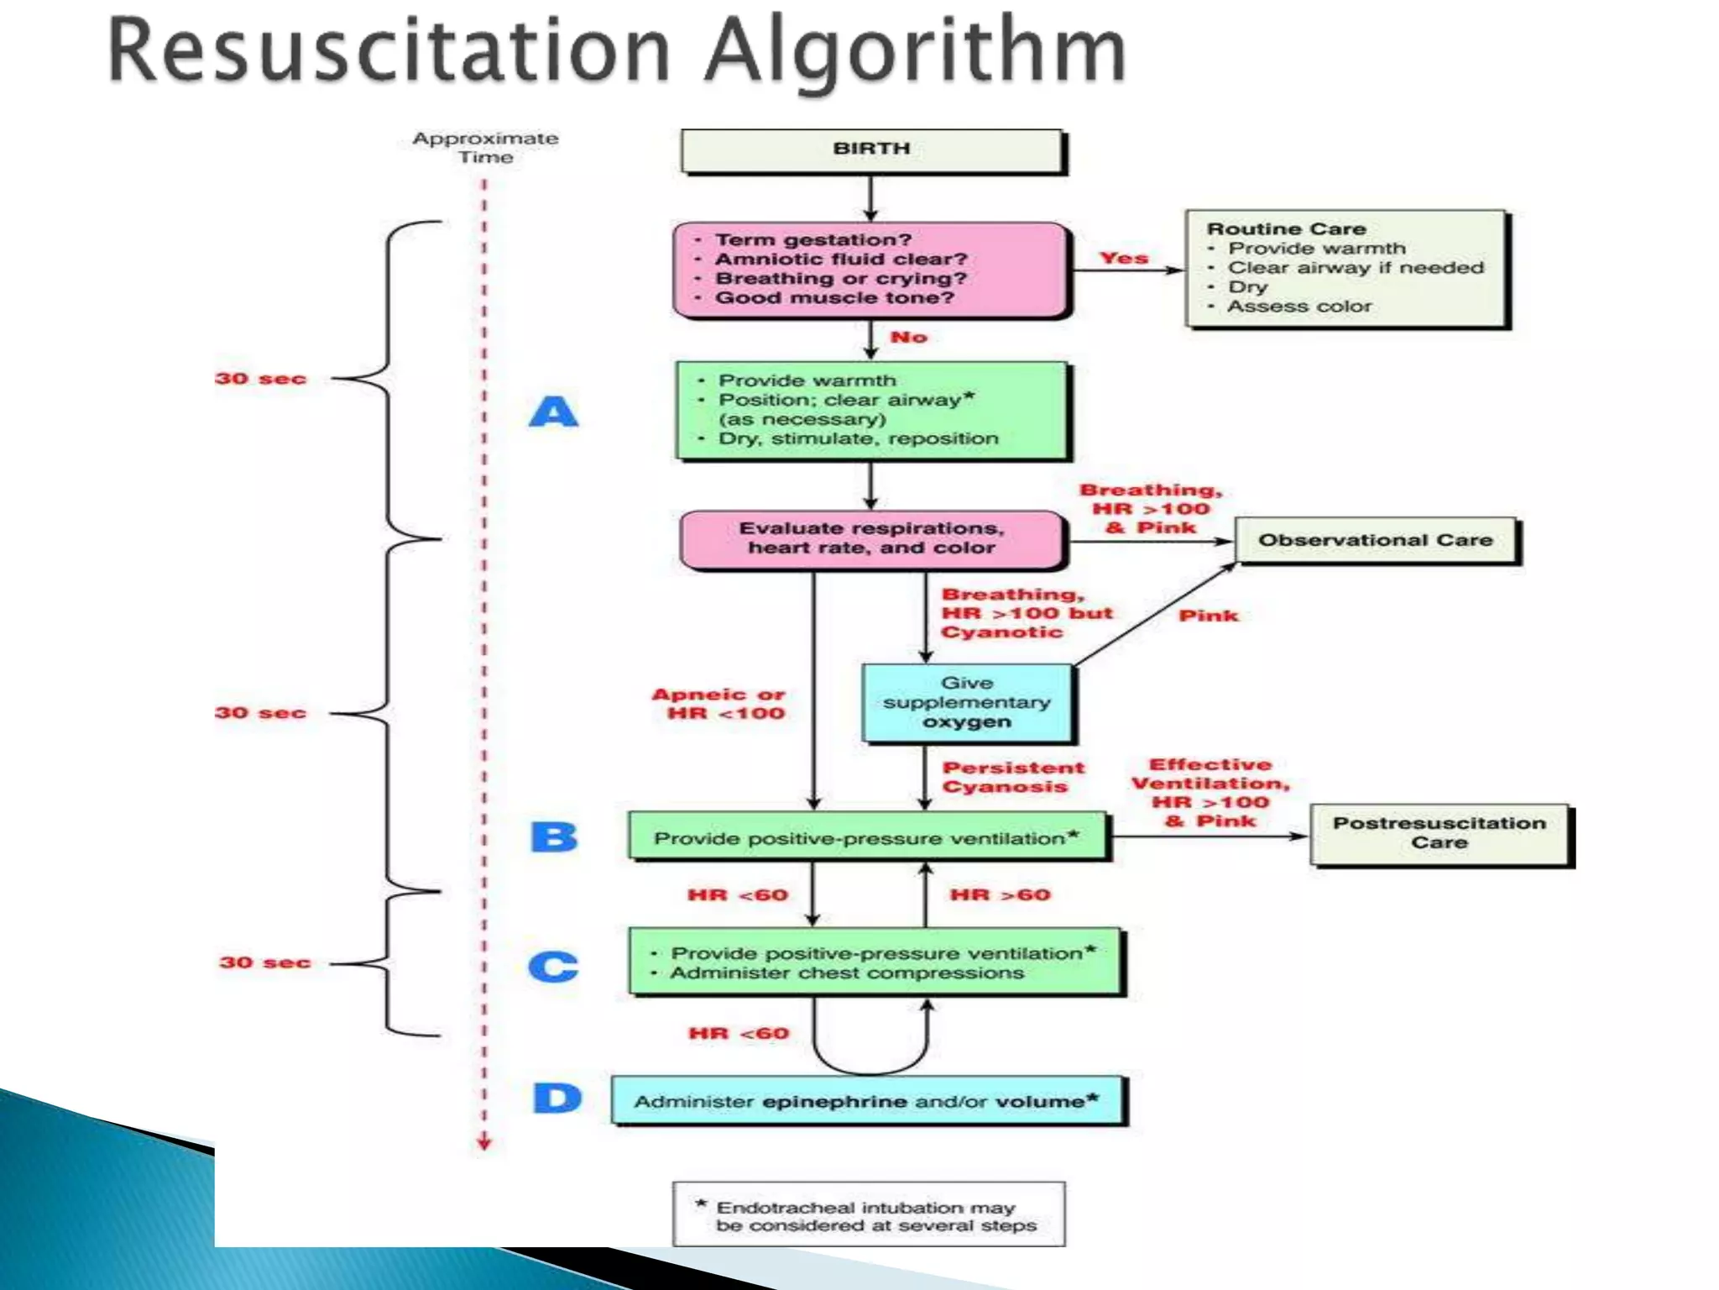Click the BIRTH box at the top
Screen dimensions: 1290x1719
(871, 150)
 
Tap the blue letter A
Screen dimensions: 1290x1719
(554, 412)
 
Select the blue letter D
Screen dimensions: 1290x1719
(556, 1099)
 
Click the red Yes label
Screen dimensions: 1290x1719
(1123, 259)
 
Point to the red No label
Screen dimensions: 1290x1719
(908, 338)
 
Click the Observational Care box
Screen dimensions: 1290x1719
(1376, 541)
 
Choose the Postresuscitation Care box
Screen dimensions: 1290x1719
(1439, 834)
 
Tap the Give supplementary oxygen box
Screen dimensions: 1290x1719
(967, 703)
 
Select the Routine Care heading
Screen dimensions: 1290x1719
(1286, 229)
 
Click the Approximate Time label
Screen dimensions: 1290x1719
(485, 148)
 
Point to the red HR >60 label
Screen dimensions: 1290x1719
(1000, 895)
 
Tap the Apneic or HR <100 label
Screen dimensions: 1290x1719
(720, 704)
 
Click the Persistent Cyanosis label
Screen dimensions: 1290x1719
(1011, 777)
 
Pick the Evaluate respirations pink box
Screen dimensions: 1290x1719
(871, 539)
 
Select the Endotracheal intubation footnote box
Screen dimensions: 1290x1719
(868, 1214)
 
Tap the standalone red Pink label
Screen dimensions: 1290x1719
(1208, 616)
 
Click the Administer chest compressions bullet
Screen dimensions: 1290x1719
(846, 973)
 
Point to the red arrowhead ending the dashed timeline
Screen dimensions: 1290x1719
(484, 1143)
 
